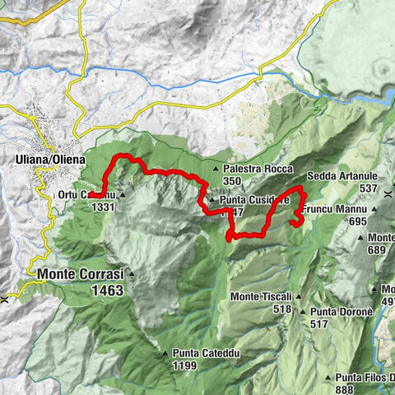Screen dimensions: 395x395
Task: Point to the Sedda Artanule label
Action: click(x=342, y=177)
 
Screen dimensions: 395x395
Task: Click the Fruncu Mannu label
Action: click(x=334, y=211)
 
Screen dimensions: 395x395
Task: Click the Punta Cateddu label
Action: click(x=207, y=353)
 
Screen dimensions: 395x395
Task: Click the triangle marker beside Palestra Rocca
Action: click(x=216, y=170)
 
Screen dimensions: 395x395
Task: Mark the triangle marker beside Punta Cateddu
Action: click(x=166, y=354)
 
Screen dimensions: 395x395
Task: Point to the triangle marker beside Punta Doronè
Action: click(x=304, y=313)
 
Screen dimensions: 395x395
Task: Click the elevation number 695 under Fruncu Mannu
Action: click(x=356, y=222)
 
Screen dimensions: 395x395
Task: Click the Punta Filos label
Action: click(x=365, y=378)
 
